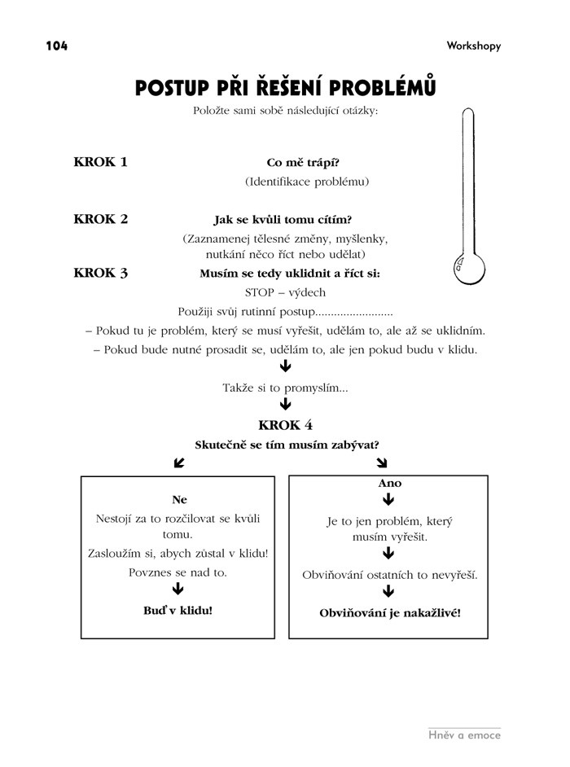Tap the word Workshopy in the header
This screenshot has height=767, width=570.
click(x=473, y=46)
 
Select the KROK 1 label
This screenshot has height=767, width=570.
click(x=100, y=161)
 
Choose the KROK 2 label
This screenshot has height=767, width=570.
click(x=100, y=219)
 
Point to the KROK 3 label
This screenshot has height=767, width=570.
click(x=100, y=273)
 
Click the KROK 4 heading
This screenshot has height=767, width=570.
click(x=285, y=425)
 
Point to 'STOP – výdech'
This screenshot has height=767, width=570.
click(x=285, y=293)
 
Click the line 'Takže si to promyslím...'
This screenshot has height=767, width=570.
click(x=285, y=388)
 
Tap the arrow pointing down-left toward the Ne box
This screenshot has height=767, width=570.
click(x=179, y=463)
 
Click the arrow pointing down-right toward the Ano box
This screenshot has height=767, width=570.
click(x=382, y=463)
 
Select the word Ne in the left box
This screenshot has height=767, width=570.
click(x=179, y=499)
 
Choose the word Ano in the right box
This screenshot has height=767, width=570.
click(x=390, y=483)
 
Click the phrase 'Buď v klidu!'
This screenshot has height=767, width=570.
click(x=178, y=609)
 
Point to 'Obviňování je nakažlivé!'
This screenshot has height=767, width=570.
click(x=389, y=611)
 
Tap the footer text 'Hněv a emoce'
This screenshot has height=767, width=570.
click(x=464, y=735)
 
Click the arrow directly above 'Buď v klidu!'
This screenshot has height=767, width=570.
click(x=178, y=590)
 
